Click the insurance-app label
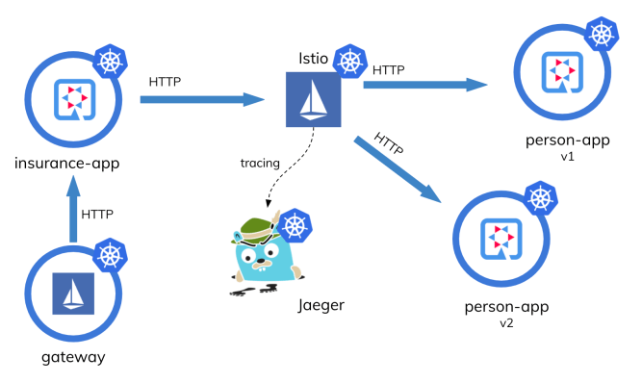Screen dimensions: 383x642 tap(67, 163)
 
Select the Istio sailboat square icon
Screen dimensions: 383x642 tap(314, 99)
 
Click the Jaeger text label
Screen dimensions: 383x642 tap(321, 305)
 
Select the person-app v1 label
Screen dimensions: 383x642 tap(567, 145)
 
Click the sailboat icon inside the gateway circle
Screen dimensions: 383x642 tap(74, 294)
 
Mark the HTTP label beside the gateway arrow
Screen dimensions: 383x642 tap(101, 213)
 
